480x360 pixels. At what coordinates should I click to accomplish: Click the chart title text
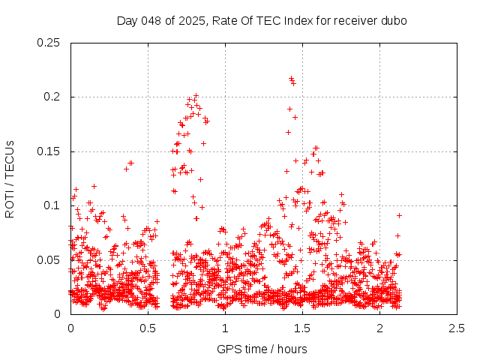tap(262, 20)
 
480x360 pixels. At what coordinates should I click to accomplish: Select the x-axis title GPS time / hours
tap(262, 349)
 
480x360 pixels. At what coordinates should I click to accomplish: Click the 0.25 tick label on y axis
tap(49, 43)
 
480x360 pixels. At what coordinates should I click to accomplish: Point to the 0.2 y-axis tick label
tap(52, 97)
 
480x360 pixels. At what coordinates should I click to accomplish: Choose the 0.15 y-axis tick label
tap(49, 151)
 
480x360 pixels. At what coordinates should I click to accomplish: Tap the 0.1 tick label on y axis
tap(52, 205)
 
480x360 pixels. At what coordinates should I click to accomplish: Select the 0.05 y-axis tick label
tap(49, 260)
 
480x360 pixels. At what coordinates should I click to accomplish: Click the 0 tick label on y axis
tap(58, 314)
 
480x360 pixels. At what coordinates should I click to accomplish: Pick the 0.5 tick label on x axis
tap(148, 328)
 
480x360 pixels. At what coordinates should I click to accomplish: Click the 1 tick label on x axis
tap(225, 328)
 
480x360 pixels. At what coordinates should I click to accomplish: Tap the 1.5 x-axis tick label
tap(302, 328)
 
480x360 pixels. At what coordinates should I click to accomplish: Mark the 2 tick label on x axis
tap(379, 328)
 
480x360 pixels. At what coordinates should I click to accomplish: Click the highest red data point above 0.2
tap(291, 78)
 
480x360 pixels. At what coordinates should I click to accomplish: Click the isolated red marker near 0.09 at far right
tap(399, 215)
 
